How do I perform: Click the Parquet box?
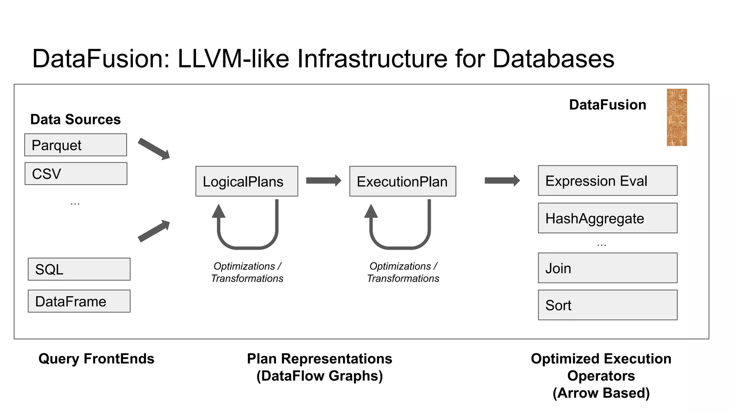tap(75, 145)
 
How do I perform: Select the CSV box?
tap(76, 174)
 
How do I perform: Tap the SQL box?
tap(79, 269)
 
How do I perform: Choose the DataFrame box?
tap(79, 301)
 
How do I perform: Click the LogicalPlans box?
tap(247, 181)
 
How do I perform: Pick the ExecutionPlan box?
tap(402, 181)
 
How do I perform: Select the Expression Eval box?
tap(607, 180)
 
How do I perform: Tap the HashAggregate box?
tap(607, 218)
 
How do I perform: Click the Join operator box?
tap(607, 268)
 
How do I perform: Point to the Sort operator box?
tap(607, 305)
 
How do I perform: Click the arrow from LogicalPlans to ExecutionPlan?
tap(323, 180)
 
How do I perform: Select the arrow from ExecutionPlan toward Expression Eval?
tap(502, 180)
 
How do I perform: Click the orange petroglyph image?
tap(677, 118)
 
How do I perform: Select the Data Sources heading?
tap(75, 119)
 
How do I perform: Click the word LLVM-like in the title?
tap(233, 58)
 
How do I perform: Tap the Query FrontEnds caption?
tap(96, 359)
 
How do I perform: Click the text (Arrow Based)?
tap(601, 393)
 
